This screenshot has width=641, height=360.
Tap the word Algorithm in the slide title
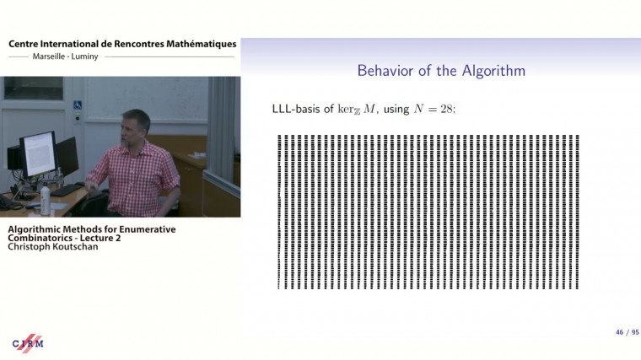coord(491,71)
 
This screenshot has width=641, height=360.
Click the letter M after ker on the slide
coord(363,110)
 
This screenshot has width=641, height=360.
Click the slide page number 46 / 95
coord(625,334)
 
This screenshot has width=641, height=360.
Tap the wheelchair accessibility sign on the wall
coord(78,105)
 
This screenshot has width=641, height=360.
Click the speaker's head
coord(135,126)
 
